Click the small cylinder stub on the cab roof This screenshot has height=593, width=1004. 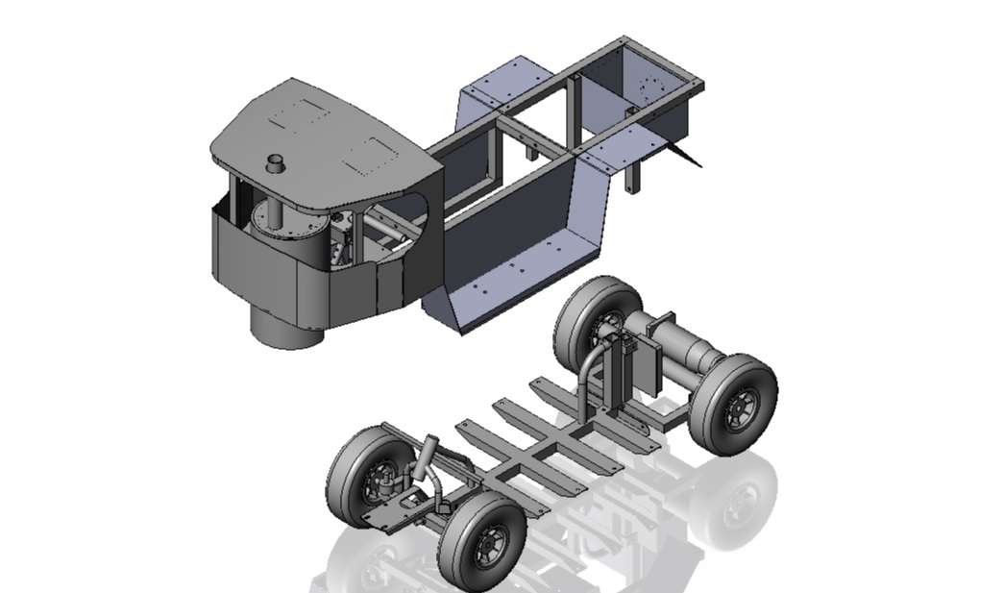pyautogui.click(x=277, y=162)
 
